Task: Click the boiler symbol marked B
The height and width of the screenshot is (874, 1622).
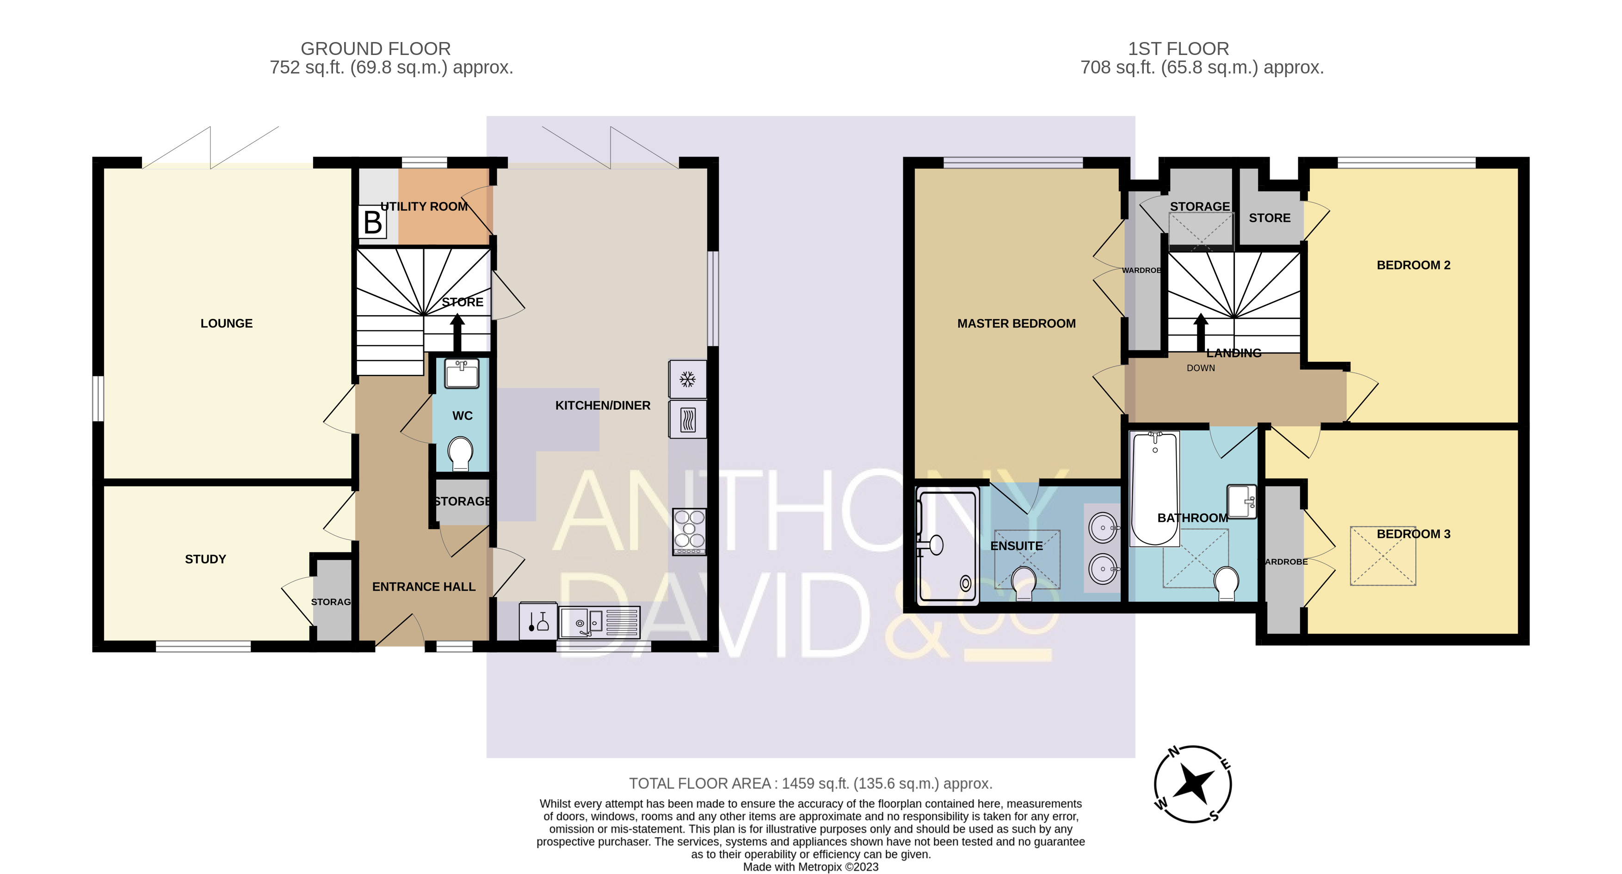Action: pos(372,222)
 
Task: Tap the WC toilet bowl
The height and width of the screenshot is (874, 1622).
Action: pos(460,453)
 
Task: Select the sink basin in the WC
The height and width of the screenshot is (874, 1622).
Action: pos(462,373)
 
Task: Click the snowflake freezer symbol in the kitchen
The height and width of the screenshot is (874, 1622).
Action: pos(688,379)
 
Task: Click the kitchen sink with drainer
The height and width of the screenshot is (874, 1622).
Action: pos(599,622)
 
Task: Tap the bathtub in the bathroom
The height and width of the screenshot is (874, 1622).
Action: pos(1155,488)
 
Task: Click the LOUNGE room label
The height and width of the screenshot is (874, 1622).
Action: pos(227,324)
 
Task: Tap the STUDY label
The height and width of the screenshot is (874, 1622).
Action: pos(205,559)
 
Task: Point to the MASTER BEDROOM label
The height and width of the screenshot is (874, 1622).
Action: pos(1016,324)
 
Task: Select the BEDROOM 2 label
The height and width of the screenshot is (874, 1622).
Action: pos(1413,265)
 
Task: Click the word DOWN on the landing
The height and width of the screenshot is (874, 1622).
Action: pos(1201,368)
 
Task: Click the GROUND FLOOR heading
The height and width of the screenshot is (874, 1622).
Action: pos(376,49)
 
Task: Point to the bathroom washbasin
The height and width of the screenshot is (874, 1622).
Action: pos(1242,501)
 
